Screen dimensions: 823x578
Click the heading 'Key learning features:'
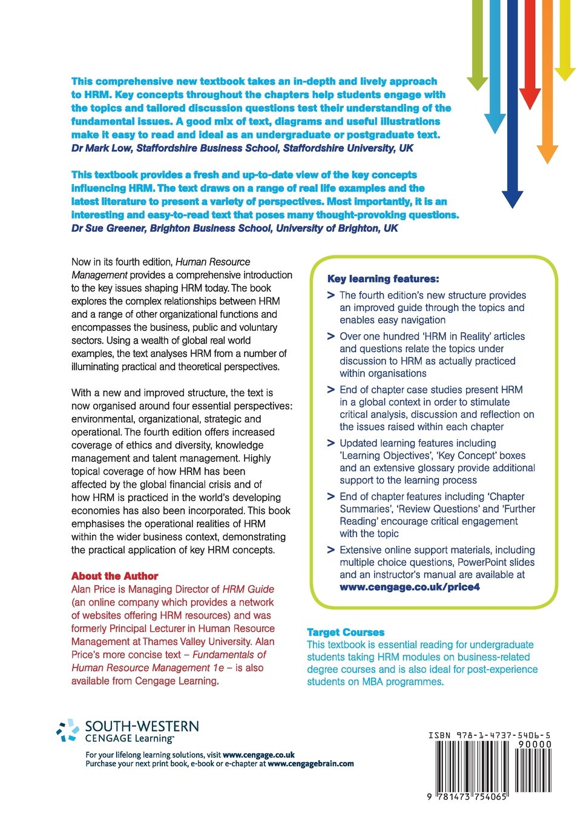383,279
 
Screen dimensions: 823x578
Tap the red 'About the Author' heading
115,576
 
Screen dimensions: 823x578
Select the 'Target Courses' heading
346,632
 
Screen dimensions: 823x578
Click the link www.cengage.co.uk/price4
410,587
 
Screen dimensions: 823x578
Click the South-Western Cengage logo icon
68,730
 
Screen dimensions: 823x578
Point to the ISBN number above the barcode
489,735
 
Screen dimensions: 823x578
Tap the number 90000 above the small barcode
534,744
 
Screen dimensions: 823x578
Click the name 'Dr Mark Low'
102,148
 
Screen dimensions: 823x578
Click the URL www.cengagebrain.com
310,764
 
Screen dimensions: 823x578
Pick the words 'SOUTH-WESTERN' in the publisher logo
142,726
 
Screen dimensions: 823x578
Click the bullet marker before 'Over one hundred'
331,336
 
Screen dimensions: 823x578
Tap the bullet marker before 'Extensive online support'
331,550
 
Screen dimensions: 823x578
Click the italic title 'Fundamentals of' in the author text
229,655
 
